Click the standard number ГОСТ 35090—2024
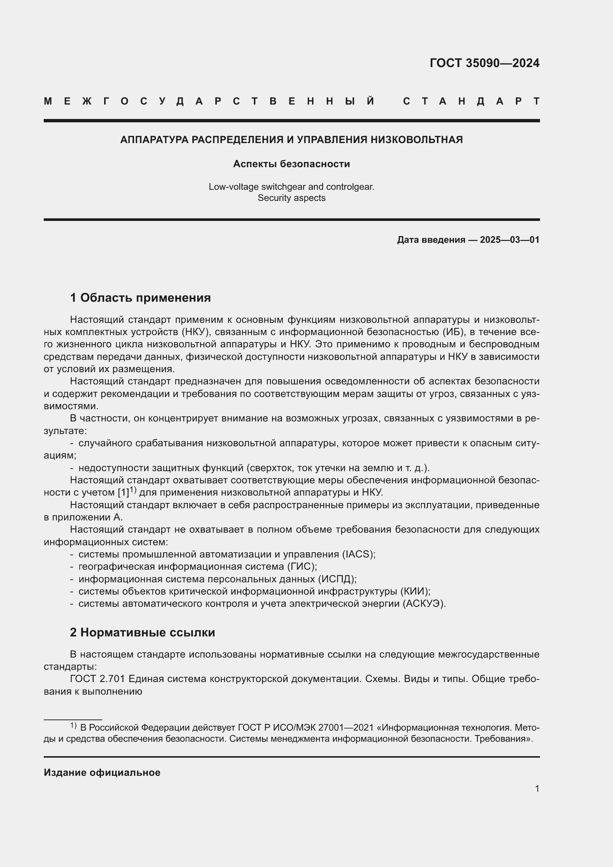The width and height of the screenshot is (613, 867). coord(484,63)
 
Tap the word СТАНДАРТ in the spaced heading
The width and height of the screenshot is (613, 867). coord(471,101)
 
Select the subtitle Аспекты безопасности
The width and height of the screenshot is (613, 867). coord(291,164)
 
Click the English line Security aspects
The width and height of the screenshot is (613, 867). coord(291,198)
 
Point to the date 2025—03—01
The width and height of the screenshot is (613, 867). coord(510,240)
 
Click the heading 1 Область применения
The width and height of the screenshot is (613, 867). coord(140,298)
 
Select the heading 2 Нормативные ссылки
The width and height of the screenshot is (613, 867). coord(142,632)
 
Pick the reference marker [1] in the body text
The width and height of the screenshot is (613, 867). coord(123,492)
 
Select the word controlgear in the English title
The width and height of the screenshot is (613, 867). coord(350,187)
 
